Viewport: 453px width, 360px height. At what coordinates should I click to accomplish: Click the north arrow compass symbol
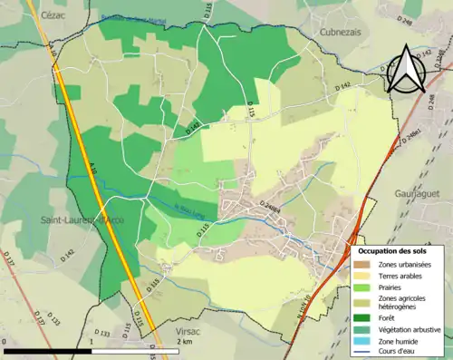point(410,70)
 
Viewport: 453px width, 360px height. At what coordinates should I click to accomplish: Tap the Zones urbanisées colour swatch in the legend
point(361,263)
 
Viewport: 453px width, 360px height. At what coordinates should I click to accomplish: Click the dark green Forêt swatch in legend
point(361,316)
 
